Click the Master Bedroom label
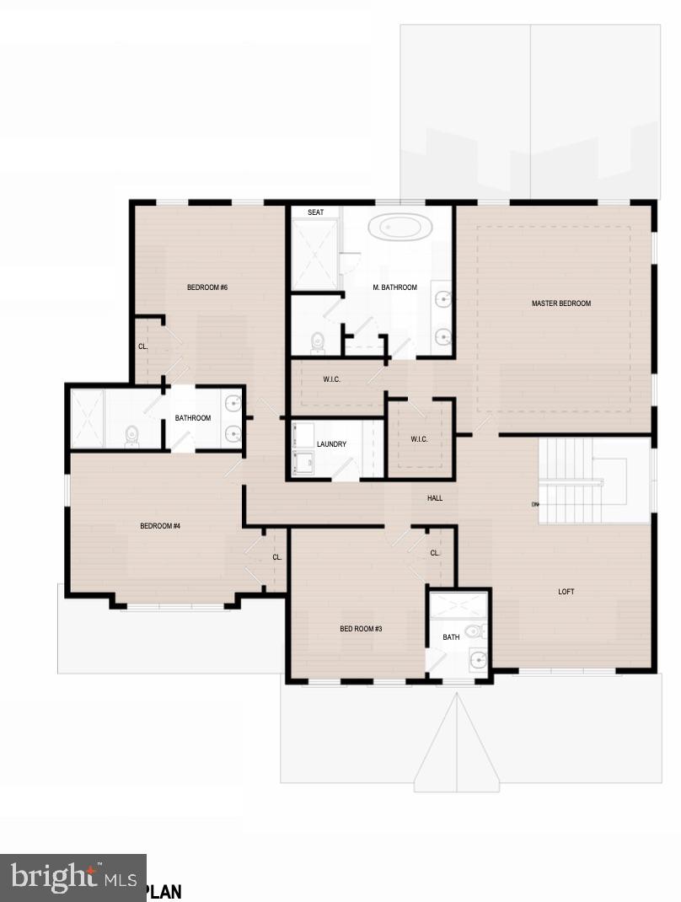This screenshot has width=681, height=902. pyautogui.click(x=560, y=303)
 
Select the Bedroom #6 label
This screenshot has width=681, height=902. pyautogui.click(x=207, y=287)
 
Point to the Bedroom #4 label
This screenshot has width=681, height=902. pyautogui.click(x=160, y=526)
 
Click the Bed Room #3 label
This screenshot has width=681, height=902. pyautogui.click(x=361, y=628)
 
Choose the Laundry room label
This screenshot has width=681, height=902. pyautogui.click(x=331, y=444)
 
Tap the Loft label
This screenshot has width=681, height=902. pyautogui.click(x=566, y=592)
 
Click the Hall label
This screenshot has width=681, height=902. pyautogui.click(x=435, y=498)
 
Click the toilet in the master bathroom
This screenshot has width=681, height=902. pyautogui.click(x=318, y=341)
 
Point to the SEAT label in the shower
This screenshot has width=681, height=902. pyautogui.click(x=315, y=212)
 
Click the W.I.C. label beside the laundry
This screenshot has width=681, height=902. pyautogui.click(x=419, y=438)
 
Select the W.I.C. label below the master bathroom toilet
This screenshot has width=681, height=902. pyautogui.click(x=331, y=379)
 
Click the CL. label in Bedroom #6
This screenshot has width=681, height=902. pyautogui.click(x=143, y=346)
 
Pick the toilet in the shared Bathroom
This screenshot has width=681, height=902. pyautogui.click(x=131, y=435)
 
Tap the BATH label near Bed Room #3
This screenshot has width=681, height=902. pyautogui.click(x=451, y=637)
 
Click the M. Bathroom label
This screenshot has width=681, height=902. pyautogui.click(x=394, y=287)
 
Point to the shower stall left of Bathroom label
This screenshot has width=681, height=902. pyautogui.click(x=87, y=418)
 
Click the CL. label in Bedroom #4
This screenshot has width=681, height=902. pyautogui.click(x=276, y=557)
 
